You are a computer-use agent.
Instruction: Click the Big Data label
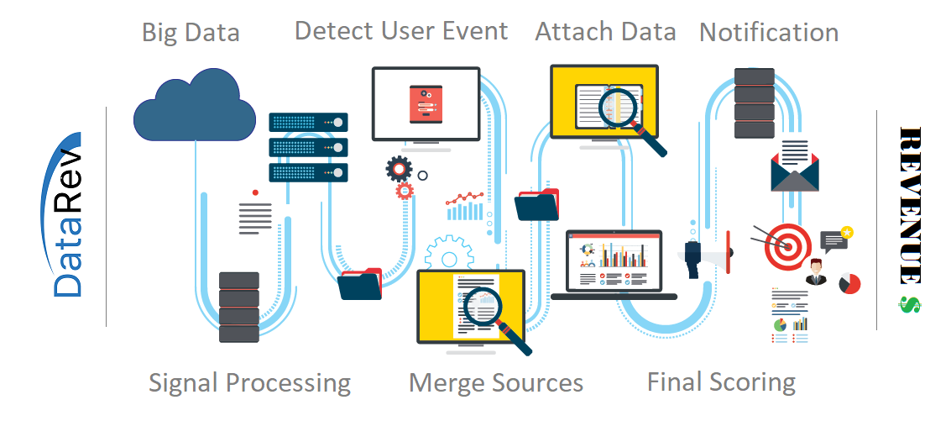[191, 33]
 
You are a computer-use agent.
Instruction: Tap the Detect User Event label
[401, 31]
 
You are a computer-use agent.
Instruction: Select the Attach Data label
[605, 32]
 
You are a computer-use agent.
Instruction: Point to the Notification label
[768, 33]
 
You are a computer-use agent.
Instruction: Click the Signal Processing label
[249, 383]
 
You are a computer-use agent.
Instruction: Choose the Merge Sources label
[495, 383]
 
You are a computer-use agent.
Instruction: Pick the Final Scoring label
[721, 382]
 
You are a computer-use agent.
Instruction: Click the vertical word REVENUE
[910, 206]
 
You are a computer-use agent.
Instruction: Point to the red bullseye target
[786, 245]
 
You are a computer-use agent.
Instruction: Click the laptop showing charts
[614, 264]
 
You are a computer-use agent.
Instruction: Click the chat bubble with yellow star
[835, 239]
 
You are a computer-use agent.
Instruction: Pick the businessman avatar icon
[814, 274]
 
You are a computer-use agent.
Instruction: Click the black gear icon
[399, 168]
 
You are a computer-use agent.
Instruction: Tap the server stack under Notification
[754, 103]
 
